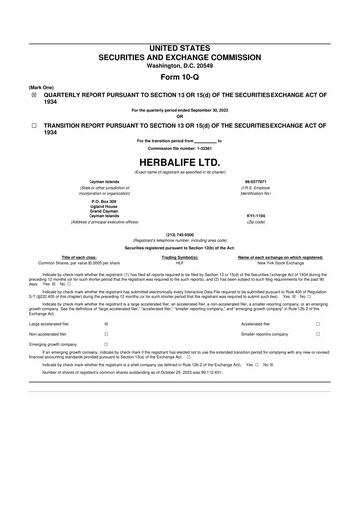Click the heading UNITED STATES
pos(179,47)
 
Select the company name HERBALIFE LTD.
pos(180,163)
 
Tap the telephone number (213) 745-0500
pos(180,232)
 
